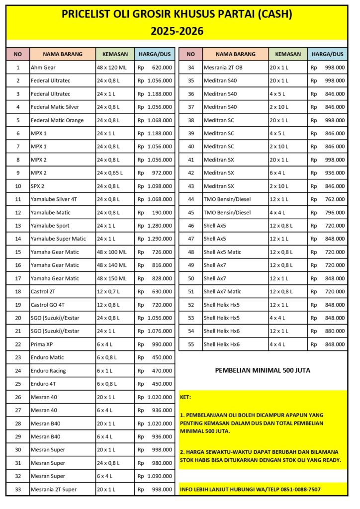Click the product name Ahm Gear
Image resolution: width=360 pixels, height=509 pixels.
coord(43,67)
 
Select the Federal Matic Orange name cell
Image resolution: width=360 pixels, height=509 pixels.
coord(57,120)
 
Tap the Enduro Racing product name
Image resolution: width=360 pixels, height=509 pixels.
coord(48,370)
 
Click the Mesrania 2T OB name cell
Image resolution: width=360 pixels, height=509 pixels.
coord(223,67)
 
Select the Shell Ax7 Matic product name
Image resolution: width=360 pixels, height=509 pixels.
coord(222,291)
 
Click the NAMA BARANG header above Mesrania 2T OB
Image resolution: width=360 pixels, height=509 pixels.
coord(235,54)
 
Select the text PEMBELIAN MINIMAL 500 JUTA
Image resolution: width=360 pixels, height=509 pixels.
coord(263,370)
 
